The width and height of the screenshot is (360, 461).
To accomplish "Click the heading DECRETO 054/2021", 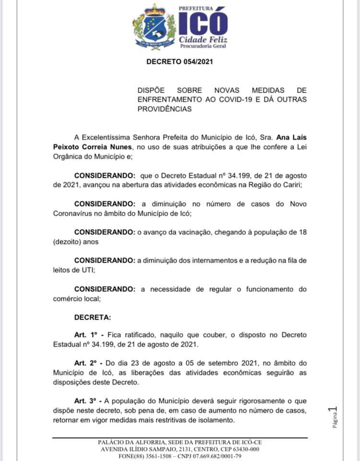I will pyautogui.click(x=179, y=61).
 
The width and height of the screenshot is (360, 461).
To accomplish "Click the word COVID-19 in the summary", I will pyautogui.click(x=222, y=99).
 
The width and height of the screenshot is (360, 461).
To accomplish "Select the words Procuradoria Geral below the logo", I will pyautogui.click(x=202, y=46).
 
